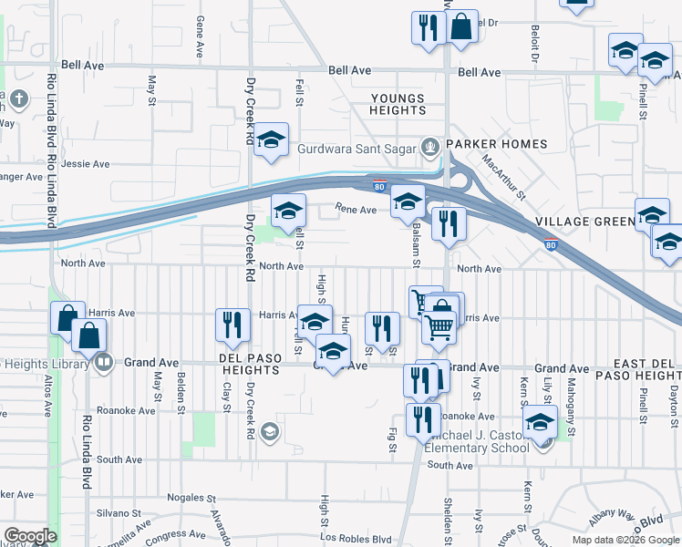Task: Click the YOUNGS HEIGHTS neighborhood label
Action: coord(398,104)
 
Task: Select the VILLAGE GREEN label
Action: coord(584,222)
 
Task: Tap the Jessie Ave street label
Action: coord(87,164)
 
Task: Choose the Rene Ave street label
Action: coord(356,210)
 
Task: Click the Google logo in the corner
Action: coord(30,536)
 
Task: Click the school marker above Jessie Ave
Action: coord(271,139)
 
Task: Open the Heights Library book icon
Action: coord(105,363)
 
